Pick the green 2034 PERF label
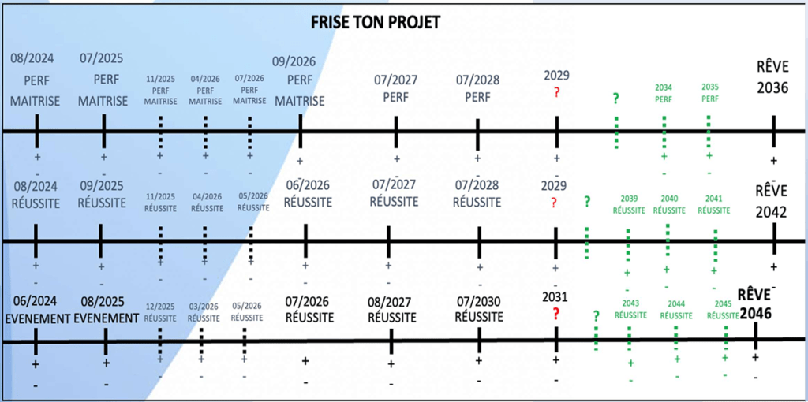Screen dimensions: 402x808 click(664, 93)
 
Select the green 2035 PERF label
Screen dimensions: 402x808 click(709, 93)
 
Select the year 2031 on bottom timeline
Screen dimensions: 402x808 click(555, 297)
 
